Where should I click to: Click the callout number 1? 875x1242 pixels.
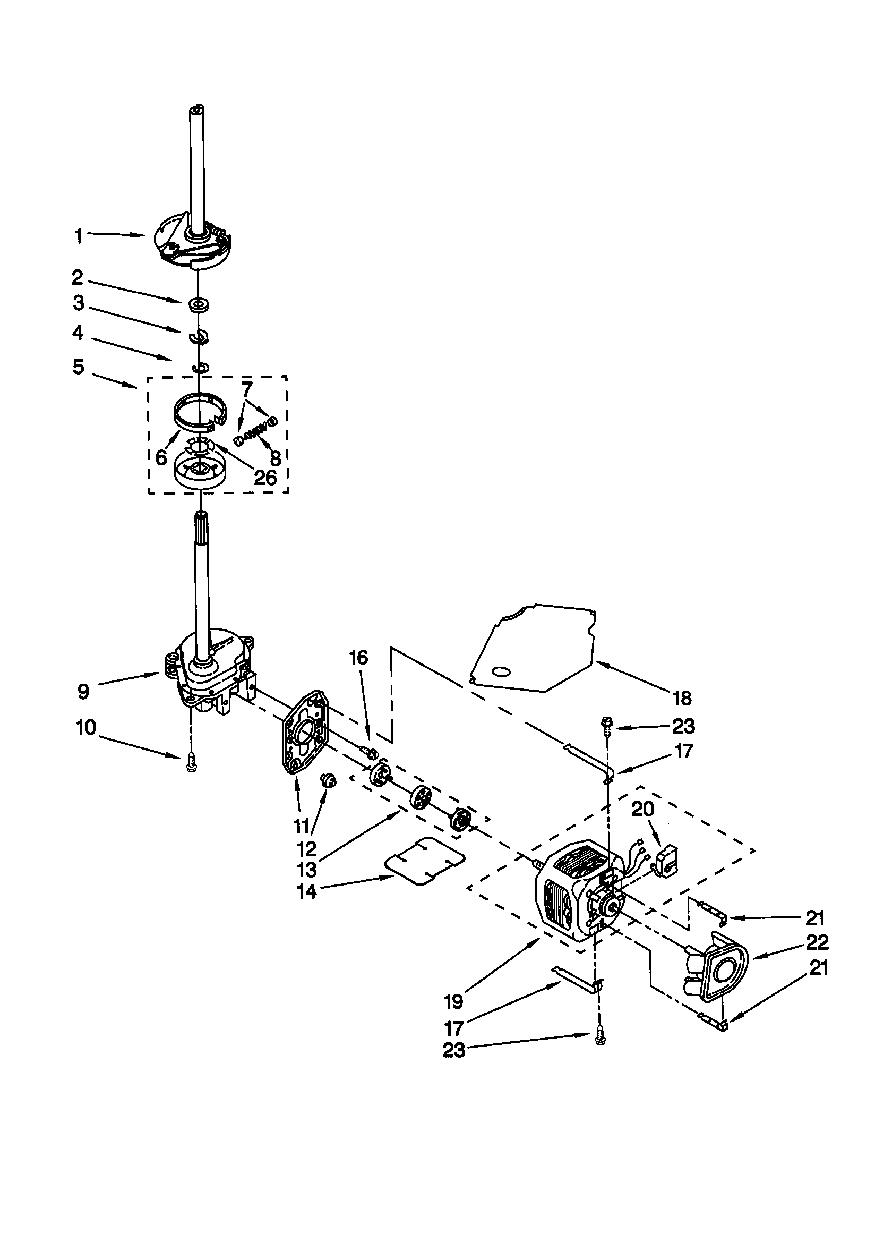click(x=79, y=236)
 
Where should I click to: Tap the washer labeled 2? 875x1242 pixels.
click(x=199, y=305)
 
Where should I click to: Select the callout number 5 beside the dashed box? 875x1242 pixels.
click(x=79, y=367)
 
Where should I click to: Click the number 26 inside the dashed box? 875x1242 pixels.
click(x=265, y=477)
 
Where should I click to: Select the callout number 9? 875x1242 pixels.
click(x=83, y=692)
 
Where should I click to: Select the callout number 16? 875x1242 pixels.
click(x=358, y=657)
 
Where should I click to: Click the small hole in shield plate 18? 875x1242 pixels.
click(x=501, y=672)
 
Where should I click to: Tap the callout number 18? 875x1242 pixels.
click(x=683, y=699)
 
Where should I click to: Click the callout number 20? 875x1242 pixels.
click(x=642, y=809)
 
